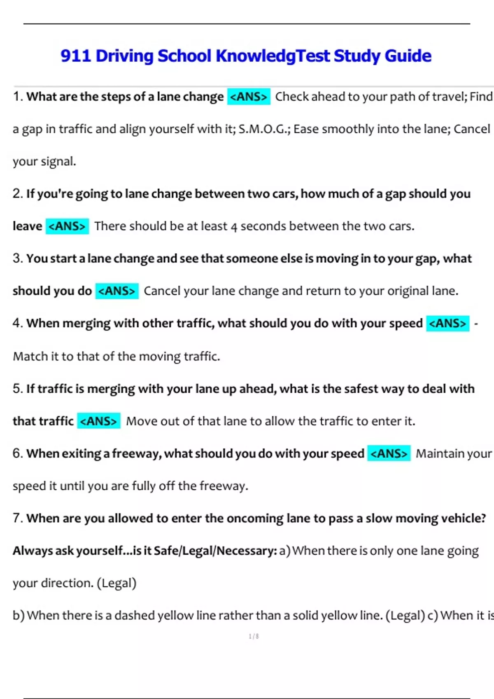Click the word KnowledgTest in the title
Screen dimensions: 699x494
(273, 56)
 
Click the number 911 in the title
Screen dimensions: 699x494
(75, 56)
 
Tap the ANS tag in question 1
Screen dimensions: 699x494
(249, 97)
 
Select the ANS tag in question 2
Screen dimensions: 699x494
(67, 226)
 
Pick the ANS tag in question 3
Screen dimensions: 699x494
(117, 291)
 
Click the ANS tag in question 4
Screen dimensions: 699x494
(447, 324)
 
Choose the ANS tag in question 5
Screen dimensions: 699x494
(99, 421)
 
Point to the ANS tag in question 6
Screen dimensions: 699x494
(389, 454)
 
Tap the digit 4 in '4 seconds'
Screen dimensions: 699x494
(234, 227)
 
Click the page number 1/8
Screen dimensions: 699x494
(254, 637)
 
